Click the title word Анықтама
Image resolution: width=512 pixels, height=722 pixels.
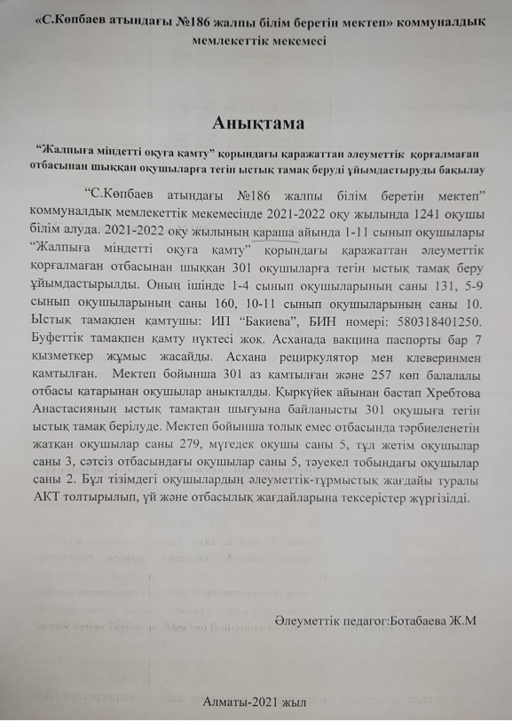[256, 121]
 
